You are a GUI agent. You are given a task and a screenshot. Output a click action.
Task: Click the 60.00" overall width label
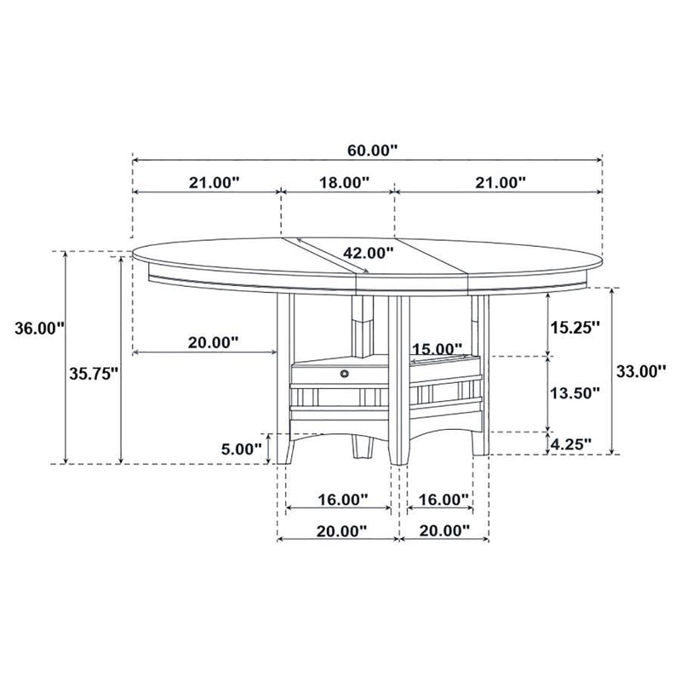tap(373, 151)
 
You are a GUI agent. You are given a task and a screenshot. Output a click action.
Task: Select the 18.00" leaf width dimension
tap(344, 181)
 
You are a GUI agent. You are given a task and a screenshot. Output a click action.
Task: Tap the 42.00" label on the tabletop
tap(369, 253)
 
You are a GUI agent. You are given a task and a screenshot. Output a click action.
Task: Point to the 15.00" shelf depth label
tap(437, 350)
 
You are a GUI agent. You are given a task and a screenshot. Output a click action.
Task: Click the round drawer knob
tap(344, 372)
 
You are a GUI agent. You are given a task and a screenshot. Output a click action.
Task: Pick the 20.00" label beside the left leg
tap(213, 342)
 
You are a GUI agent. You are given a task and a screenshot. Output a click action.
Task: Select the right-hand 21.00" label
tap(499, 181)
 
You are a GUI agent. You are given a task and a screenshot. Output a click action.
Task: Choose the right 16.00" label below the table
tap(444, 499)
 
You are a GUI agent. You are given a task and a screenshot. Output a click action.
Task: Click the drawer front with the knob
tap(323, 372)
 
